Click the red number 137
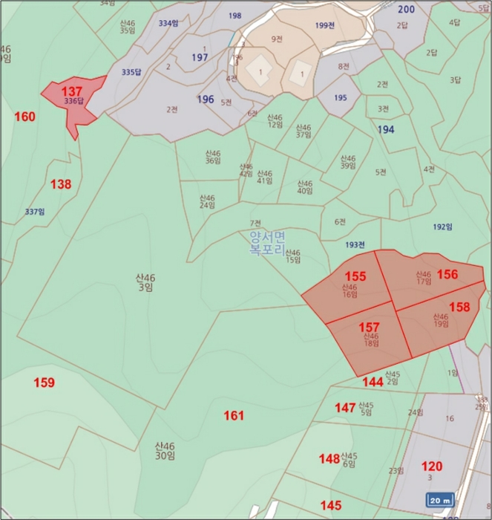[x=73, y=90]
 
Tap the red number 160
[x=24, y=117]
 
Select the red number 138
[x=61, y=184]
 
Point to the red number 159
[x=44, y=383]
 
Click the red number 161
[x=234, y=416]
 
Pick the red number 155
[x=356, y=276]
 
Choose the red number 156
[x=447, y=274]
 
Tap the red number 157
[x=370, y=327]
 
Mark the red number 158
[x=459, y=306]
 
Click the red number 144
[x=373, y=382]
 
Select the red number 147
[x=344, y=408]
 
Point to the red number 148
[x=329, y=458]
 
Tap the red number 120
[x=432, y=467]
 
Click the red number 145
[x=331, y=505]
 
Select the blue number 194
[x=386, y=129]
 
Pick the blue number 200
[x=406, y=9]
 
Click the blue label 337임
[x=35, y=212]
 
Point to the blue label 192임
[x=442, y=227]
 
